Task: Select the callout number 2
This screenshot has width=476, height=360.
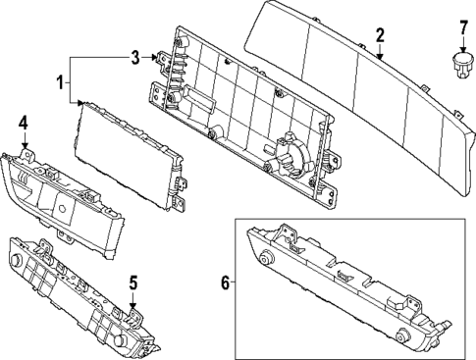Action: coord(380,35)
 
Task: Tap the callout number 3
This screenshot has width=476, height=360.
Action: coord(135,58)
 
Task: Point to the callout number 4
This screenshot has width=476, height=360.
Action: coord(24,124)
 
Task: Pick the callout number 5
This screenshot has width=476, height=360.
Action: coord(132,283)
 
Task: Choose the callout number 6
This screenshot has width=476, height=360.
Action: coord(226,283)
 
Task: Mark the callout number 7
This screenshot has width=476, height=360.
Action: coord(463,27)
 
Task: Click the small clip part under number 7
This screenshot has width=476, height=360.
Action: coord(463,66)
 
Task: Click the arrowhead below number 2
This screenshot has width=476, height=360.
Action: coord(380,56)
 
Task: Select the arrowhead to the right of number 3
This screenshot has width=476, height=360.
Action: coord(154,58)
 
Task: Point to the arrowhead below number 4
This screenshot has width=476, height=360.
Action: coord(25,146)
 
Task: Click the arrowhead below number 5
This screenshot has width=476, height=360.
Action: coord(132,305)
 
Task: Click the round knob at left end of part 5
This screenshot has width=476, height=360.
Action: coord(16,260)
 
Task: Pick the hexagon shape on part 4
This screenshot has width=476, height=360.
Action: coord(62,207)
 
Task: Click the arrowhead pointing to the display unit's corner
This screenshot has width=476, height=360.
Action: coord(80,103)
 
